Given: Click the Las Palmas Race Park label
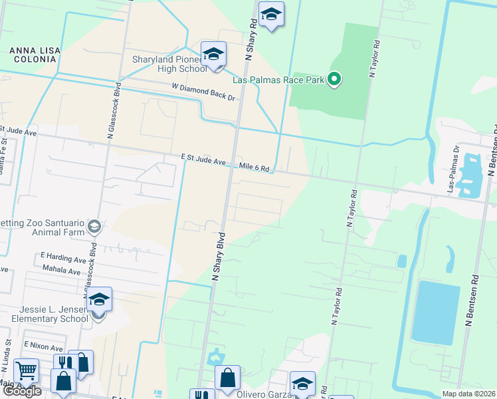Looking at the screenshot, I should [278, 80].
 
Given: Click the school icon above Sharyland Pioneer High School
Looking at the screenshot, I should [213, 55].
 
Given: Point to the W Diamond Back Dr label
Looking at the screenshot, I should [203, 92].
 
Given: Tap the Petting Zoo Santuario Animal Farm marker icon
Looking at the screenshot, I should [94, 227].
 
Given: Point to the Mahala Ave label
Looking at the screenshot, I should [60, 271].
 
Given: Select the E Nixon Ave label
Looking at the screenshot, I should [43, 347].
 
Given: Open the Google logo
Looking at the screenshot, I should [21, 391].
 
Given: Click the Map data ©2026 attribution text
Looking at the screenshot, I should [468, 394].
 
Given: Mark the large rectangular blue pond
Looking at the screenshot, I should [435, 311].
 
